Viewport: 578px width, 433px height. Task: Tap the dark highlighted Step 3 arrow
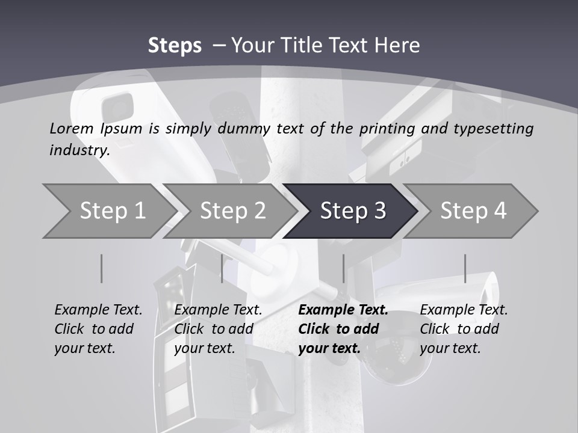[353, 211]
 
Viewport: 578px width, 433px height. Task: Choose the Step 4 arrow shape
[473, 211]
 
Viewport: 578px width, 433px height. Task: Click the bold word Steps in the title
[175, 46]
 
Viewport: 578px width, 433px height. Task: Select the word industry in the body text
[79, 150]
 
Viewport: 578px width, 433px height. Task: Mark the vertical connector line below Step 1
[101, 268]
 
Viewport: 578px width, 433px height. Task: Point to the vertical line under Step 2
[222, 268]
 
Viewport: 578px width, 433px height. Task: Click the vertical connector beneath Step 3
[343, 268]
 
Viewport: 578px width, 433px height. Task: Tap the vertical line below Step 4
[465, 268]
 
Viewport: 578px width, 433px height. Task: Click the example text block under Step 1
[98, 329]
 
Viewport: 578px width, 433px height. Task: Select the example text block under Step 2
[218, 329]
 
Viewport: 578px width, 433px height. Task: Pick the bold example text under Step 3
[343, 329]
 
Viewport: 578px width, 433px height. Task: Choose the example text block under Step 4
[464, 329]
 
